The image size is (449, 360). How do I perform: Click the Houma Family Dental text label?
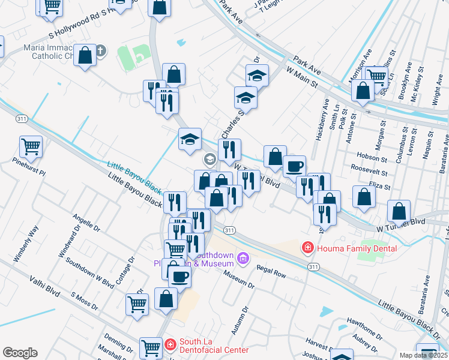[x=347, y=247]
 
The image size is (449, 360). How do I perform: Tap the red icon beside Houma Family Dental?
[x=307, y=247]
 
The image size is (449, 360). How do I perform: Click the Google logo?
[x=20, y=353]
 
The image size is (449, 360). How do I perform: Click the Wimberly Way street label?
[x=27, y=244]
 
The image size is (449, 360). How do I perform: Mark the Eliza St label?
[x=379, y=187]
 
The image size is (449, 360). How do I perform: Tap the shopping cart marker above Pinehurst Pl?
[x=31, y=146]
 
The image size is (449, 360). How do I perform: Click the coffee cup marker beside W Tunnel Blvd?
[x=294, y=166]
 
